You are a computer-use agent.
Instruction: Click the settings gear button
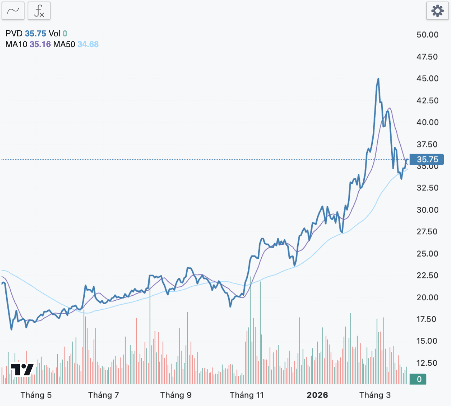[437, 11]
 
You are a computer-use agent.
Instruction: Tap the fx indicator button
[39, 11]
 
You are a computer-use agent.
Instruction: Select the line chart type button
[13, 11]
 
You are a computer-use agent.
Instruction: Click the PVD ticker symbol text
[14, 34]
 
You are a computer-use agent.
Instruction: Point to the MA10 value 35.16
[40, 44]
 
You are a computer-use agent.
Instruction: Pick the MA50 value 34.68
[88, 44]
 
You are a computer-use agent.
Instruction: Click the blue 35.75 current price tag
[427, 159]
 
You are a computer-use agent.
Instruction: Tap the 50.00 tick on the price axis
[427, 35]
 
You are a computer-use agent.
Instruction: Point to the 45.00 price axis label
[427, 79]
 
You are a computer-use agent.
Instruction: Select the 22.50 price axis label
[427, 275]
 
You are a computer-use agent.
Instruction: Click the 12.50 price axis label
[427, 363]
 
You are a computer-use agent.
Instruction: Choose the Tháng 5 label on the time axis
[36, 395]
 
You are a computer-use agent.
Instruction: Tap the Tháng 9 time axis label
[176, 395]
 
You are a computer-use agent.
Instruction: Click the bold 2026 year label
[317, 395]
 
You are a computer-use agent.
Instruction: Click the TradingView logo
[21, 370]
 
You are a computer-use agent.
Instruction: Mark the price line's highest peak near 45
[378, 79]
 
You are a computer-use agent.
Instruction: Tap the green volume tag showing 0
[419, 379]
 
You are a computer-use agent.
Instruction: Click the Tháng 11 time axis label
[247, 395]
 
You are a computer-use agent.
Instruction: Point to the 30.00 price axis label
[427, 210]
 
